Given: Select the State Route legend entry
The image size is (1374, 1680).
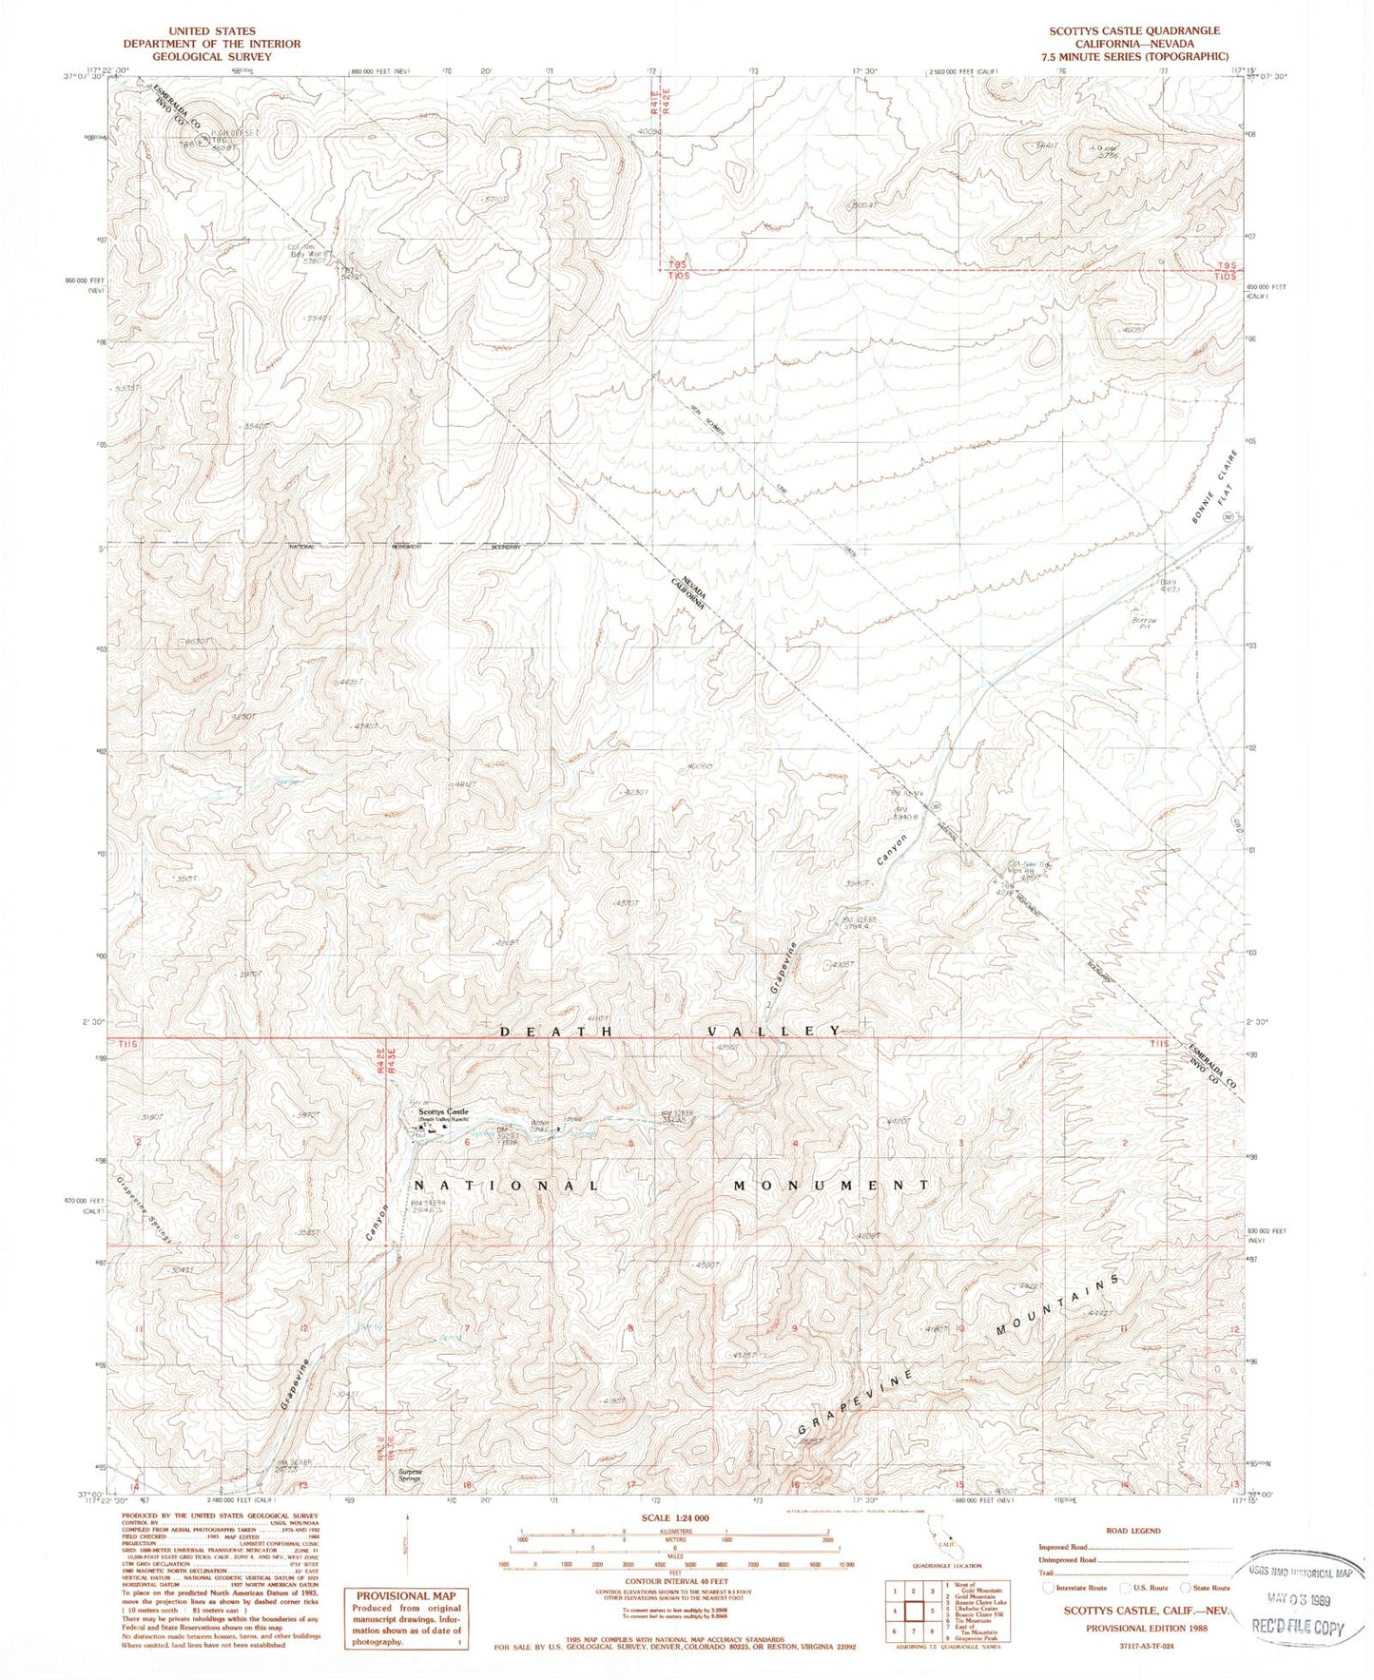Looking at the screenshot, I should tap(1206, 1587).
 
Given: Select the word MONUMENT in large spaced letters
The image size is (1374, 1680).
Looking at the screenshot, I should tap(832, 1186).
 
